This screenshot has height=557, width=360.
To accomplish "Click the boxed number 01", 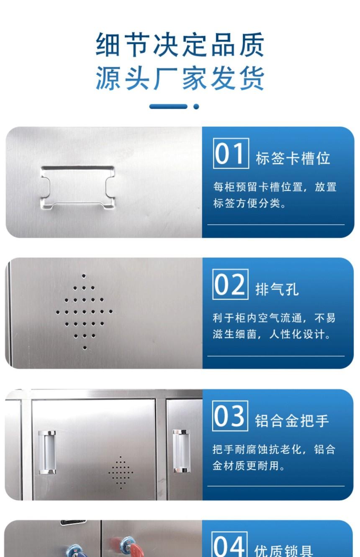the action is click(x=231, y=154).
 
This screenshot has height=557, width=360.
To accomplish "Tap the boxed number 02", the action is click(x=230, y=285).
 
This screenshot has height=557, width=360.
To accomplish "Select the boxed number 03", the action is click(x=230, y=416).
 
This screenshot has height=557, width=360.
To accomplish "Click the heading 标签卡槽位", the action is click(x=293, y=158).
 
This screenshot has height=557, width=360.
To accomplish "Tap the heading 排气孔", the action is click(x=277, y=289).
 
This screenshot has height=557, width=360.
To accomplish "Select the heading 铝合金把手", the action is click(x=292, y=421).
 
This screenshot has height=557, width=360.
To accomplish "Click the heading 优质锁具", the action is click(x=283, y=551).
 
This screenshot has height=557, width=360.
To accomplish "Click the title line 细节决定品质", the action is click(x=180, y=44).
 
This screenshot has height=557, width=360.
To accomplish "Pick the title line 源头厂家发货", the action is click(x=180, y=78).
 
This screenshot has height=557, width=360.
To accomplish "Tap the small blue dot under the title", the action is click(x=196, y=106).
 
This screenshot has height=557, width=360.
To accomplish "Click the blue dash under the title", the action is click(x=168, y=106).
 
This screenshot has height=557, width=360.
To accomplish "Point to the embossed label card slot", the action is click(x=77, y=187).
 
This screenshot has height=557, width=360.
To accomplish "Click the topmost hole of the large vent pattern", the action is click(x=84, y=276).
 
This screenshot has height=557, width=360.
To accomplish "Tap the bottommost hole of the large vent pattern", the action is click(x=85, y=348).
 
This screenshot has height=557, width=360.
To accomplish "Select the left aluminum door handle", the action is click(x=47, y=452).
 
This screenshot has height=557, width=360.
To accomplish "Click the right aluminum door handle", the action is click(x=181, y=451).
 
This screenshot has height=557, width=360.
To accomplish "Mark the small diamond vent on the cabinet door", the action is click(x=121, y=472).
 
